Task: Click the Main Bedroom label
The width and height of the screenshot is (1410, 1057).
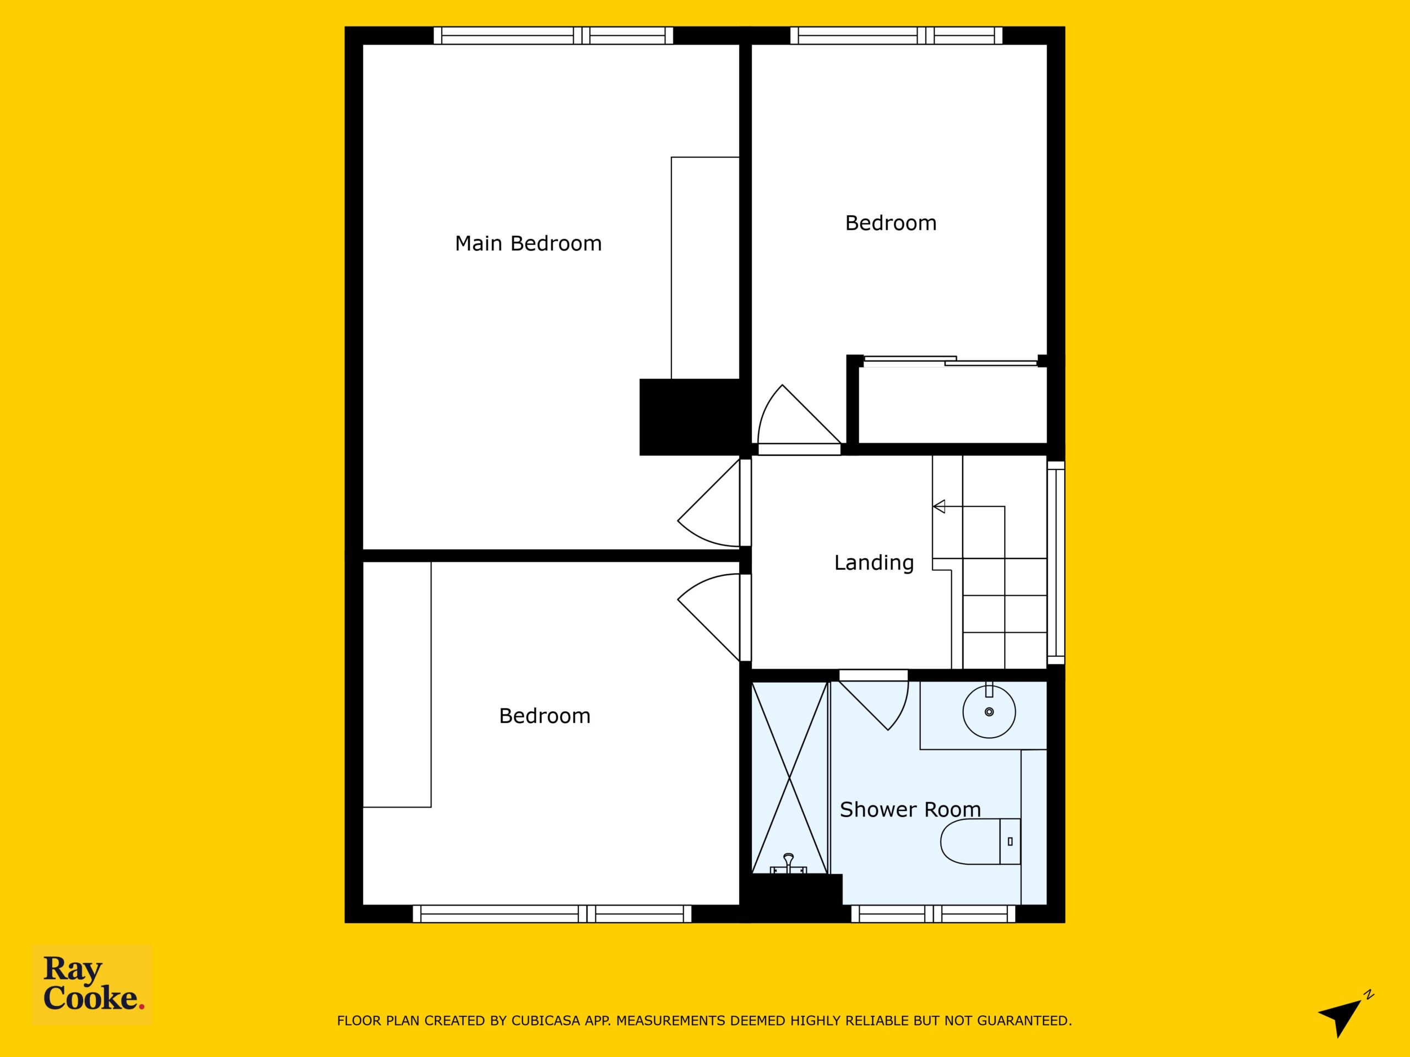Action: tap(528, 243)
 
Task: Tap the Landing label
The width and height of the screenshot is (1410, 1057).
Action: tap(874, 563)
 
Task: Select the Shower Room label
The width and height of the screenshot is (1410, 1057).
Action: tap(910, 809)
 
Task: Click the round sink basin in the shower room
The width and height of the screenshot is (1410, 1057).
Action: tap(989, 712)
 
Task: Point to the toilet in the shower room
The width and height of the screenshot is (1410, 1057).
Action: tap(980, 841)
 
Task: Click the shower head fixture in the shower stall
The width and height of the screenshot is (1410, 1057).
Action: tap(789, 864)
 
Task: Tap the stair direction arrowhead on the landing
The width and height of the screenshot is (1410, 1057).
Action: tap(939, 506)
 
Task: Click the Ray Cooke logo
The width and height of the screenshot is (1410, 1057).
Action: tap(93, 984)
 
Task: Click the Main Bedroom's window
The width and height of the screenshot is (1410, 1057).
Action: tap(554, 35)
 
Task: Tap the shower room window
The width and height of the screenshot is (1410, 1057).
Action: tap(933, 914)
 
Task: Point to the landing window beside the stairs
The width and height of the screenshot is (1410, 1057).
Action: tap(1056, 563)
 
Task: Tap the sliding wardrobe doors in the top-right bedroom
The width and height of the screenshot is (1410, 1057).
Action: tap(950, 361)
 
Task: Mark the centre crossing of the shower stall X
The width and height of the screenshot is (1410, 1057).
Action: tap(789, 777)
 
